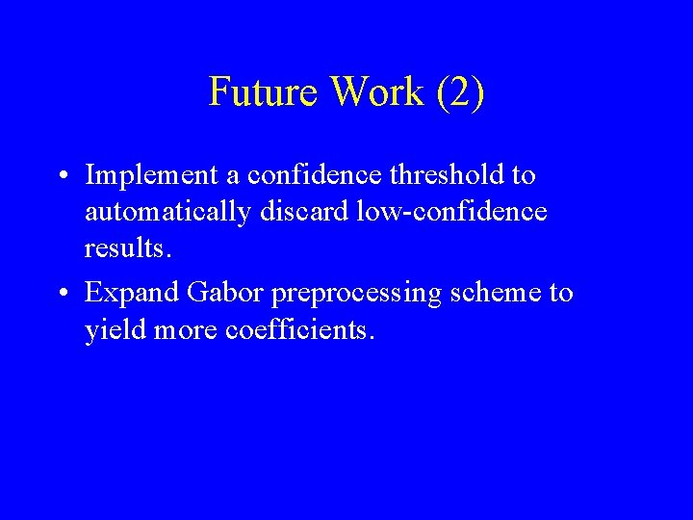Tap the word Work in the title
[x=378, y=92]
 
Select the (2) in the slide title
[x=460, y=93]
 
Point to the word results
[x=128, y=249]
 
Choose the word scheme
[x=498, y=293]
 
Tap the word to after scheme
[x=561, y=293]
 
